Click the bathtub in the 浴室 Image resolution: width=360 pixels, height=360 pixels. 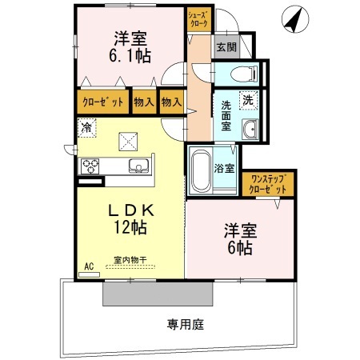pyautogui.click(x=200, y=170)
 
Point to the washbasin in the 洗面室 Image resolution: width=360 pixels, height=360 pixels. pyautogui.click(x=249, y=130)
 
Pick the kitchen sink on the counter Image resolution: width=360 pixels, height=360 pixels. pyautogui.click(x=139, y=166)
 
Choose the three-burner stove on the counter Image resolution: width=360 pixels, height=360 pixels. pyautogui.click(x=90, y=166)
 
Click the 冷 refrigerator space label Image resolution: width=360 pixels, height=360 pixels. pyautogui.click(x=86, y=126)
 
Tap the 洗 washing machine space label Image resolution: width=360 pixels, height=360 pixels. pyautogui.click(x=248, y=101)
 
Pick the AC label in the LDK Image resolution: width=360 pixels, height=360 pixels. pyautogui.click(x=89, y=265)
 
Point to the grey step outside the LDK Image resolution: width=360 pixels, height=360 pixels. pyautogui.click(x=159, y=293)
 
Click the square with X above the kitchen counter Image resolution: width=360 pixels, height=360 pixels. pyautogui.click(x=129, y=142)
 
